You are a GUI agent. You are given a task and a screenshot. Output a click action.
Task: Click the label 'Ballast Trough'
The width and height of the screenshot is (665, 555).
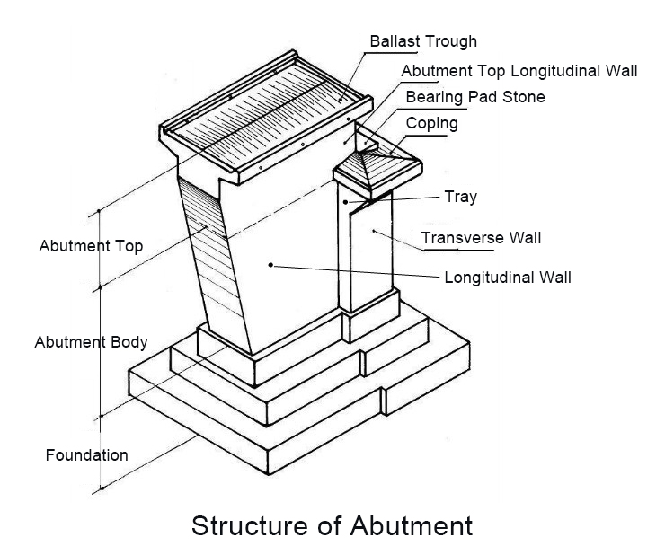[423, 41]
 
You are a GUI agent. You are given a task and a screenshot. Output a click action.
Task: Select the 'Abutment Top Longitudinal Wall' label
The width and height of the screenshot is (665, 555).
[519, 71]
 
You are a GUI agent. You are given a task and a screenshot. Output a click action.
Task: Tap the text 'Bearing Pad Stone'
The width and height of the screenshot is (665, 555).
[475, 96]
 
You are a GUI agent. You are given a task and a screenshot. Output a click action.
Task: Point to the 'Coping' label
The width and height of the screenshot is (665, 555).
[430, 122]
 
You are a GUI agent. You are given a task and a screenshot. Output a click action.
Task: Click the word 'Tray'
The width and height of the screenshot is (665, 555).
[460, 197]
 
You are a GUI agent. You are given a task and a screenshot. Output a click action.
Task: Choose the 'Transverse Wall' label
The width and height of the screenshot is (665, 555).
[481, 238]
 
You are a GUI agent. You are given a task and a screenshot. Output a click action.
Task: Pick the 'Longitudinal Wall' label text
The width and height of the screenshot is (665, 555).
[508, 277]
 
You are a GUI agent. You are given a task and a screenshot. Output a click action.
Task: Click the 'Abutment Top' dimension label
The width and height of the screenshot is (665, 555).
[91, 245]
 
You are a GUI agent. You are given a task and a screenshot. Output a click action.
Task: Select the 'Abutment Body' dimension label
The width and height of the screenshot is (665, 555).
[91, 342]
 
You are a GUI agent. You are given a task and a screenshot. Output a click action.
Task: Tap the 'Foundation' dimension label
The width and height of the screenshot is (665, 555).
[86, 455]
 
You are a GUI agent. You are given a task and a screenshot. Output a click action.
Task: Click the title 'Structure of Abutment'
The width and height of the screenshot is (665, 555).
[332, 524]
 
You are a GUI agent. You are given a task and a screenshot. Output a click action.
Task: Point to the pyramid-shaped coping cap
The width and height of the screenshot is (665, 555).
[370, 167]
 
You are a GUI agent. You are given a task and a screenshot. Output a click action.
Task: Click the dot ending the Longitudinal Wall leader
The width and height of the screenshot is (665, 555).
[270, 265]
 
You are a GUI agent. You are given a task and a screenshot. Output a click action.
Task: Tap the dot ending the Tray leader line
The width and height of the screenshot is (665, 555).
[345, 203]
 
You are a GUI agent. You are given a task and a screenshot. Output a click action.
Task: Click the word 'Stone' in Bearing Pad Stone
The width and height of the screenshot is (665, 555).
[524, 96]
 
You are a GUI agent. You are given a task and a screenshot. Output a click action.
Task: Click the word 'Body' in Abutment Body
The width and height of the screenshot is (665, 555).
[129, 342]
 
